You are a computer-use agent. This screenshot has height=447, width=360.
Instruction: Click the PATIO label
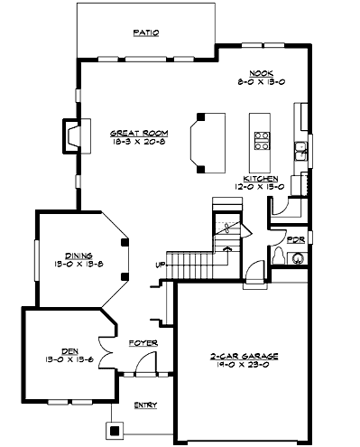pyautogui.click(x=146, y=33)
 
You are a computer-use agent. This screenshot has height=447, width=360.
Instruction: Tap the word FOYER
pyautogui.click(x=143, y=343)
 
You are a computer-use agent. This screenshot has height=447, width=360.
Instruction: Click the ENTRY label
pyautogui.click(x=144, y=405)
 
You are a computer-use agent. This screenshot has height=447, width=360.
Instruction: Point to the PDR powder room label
pyautogui.click(x=295, y=241)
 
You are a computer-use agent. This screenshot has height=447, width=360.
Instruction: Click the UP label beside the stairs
pyautogui.click(x=161, y=265)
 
